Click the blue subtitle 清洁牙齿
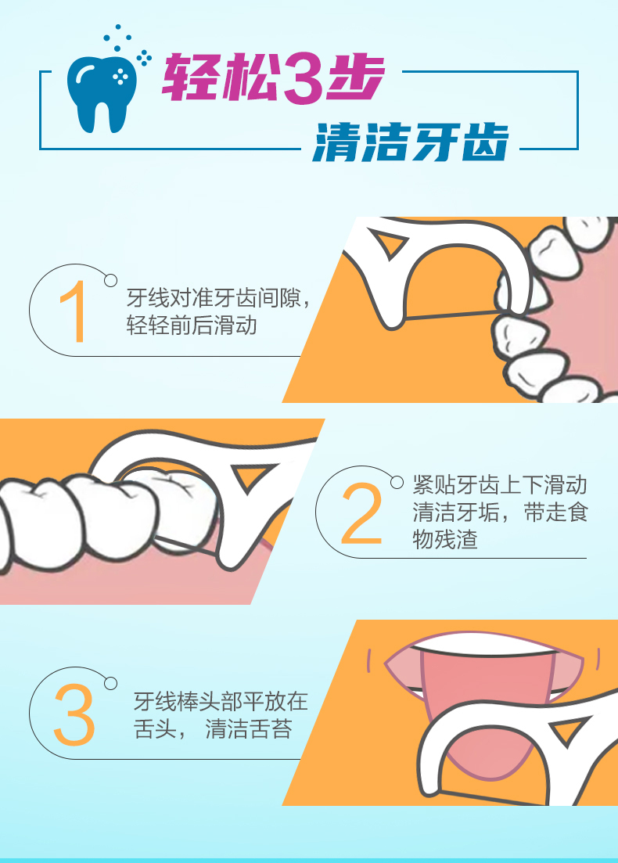(x=411, y=142)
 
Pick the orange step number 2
(x=361, y=513)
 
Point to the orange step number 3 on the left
(x=74, y=715)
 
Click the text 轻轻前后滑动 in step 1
(x=192, y=325)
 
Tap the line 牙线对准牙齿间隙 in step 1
(x=214, y=298)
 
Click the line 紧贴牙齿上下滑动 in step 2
(x=500, y=485)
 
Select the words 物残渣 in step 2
(x=445, y=539)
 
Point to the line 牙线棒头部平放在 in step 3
(x=221, y=702)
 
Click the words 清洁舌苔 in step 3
(x=249, y=729)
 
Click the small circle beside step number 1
(x=110, y=281)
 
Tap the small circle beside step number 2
(x=397, y=482)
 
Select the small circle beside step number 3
(x=110, y=684)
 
